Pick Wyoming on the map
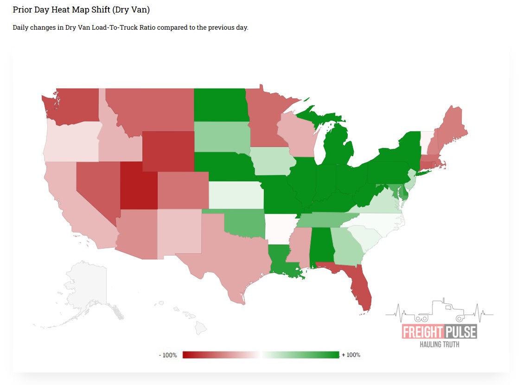click(x=168, y=151)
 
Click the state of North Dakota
click(x=219, y=104)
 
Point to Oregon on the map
click(x=72, y=141)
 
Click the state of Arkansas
click(x=279, y=229)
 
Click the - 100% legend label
click(x=168, y=355)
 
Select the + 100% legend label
click(x=351, y=355)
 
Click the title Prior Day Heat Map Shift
click(x=81, y=10)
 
